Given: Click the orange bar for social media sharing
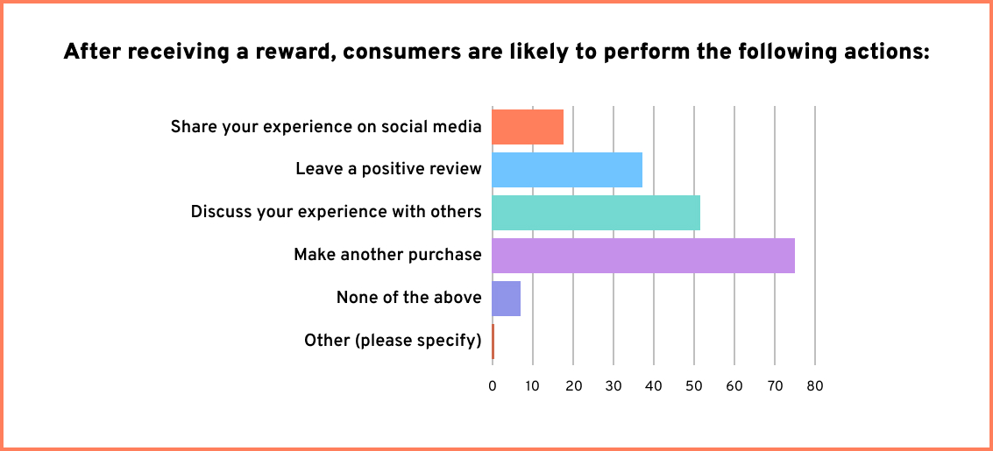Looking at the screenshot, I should tap(528, 126).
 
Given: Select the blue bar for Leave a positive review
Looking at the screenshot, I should tap(567, 169).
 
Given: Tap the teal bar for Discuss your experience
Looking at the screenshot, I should tap(596, 212).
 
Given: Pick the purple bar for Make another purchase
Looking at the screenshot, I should tap(643, 255).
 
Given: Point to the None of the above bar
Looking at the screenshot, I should tap(507, 298).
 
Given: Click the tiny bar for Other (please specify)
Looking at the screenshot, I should tap(493, 341).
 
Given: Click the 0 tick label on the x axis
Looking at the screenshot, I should tap(493, 385).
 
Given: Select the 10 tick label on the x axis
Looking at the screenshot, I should tap(533, 385).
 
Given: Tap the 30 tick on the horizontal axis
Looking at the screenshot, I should tap(614, 385).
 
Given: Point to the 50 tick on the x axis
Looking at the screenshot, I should tap(694, 385).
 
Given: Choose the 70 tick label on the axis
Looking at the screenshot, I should tap(775, 385).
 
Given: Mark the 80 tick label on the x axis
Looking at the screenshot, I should tap(815, 385).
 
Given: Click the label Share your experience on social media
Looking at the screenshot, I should tap(326, 127).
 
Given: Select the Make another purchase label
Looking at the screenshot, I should tap(387, 255).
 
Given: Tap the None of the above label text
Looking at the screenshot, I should tap(408, 298).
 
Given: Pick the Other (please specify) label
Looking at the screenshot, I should tap(393, 341).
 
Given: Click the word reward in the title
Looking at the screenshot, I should tap(289, 53).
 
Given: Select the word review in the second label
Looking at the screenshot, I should tap(455, 169).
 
